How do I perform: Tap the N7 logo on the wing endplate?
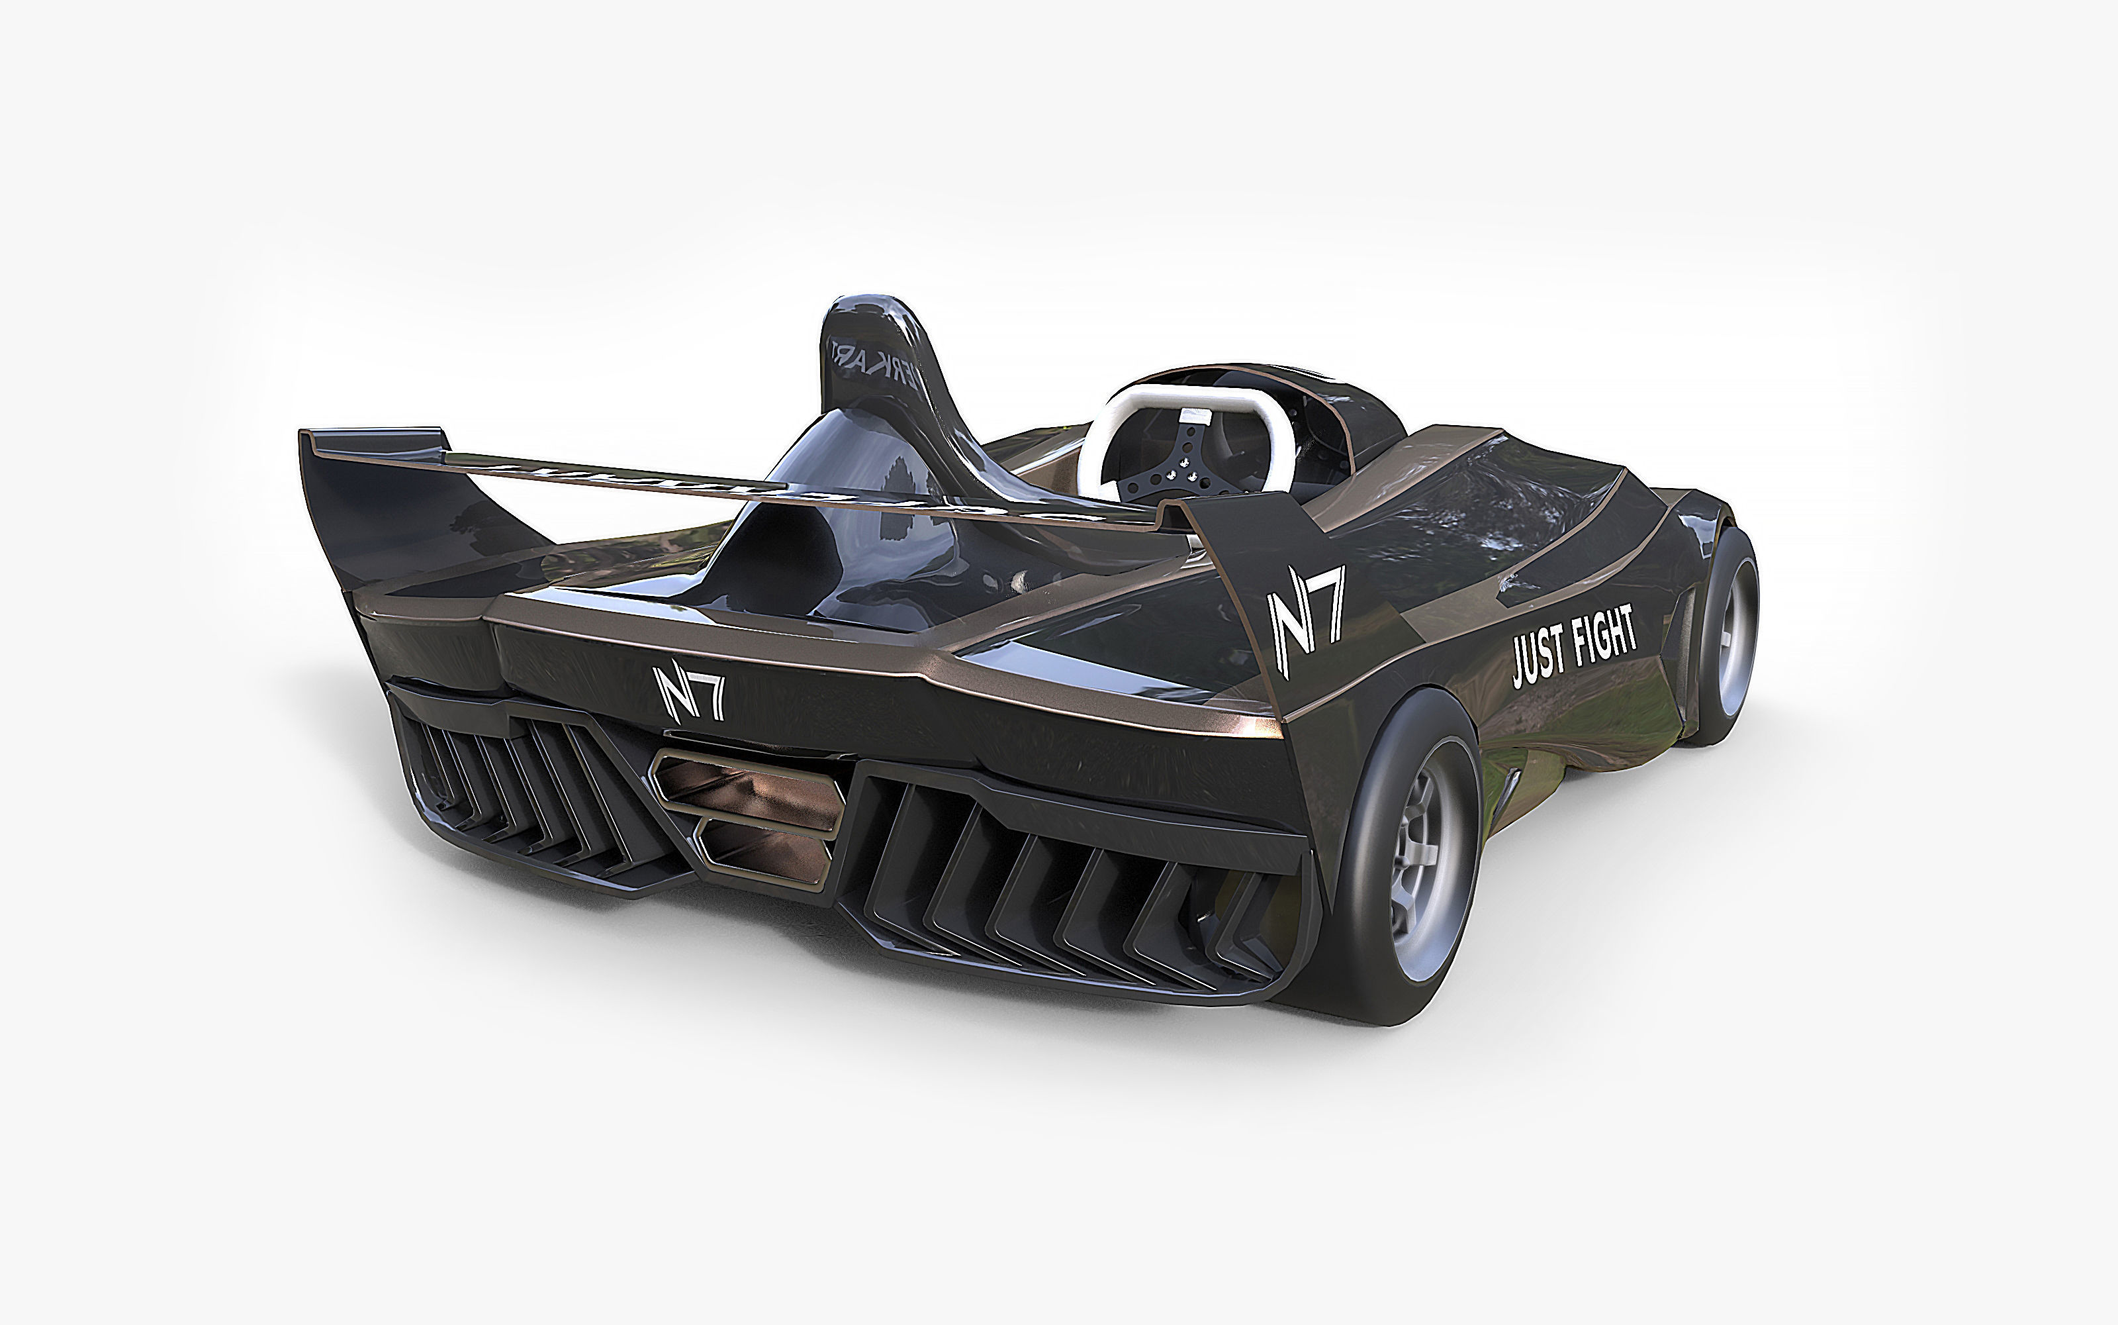1306,620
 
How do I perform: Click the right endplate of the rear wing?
1252,561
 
